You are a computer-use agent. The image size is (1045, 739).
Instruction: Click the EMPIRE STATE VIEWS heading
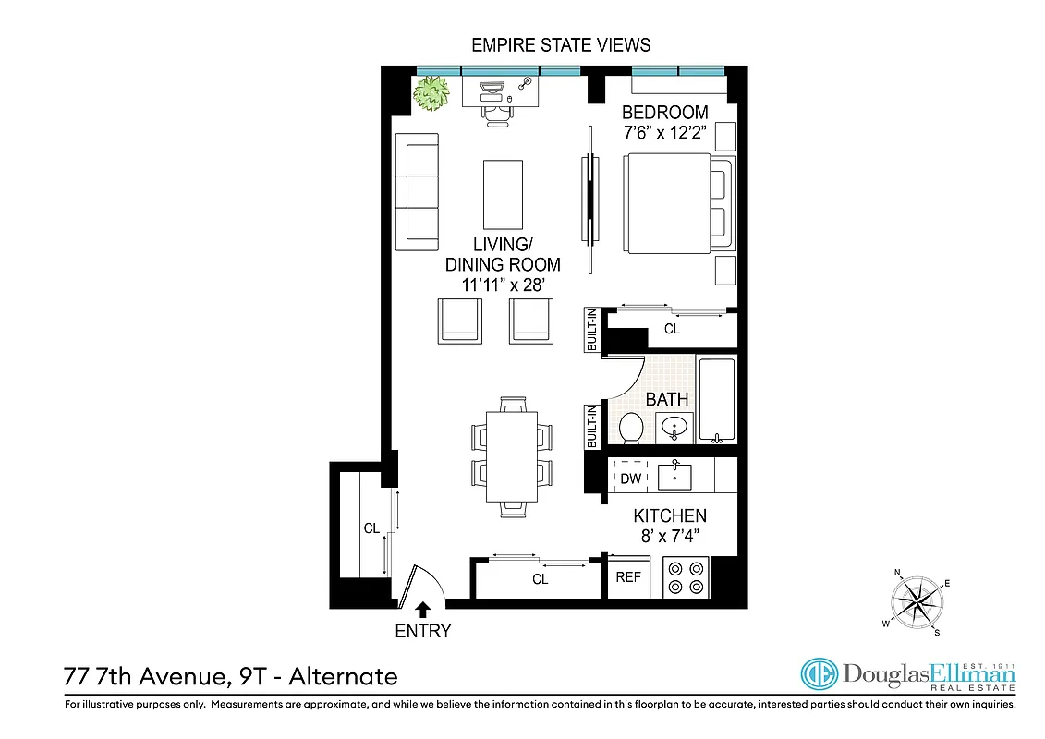pyautogui.click(x=561, y=44)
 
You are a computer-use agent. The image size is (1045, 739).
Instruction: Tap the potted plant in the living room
pyautogui.click(x=431, y=93)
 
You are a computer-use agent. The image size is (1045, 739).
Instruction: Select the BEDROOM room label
pyautogui.click(x=665, y=113)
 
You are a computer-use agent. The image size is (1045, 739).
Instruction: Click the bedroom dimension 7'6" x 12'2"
pyautogui.click(x=665, y=133)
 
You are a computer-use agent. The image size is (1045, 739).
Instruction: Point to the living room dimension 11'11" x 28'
pyautogui.click(x=504, y=285)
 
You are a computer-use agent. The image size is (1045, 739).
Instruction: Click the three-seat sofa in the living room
pyautogui.click(x=416, y=191)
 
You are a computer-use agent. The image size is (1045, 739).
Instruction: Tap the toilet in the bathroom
pyautogui.click(x=631, y=429)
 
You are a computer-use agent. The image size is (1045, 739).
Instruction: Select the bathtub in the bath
pyautogui.click(x=716, y=400)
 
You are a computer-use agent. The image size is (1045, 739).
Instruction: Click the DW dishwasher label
pyautogui.click(x=631, y=479)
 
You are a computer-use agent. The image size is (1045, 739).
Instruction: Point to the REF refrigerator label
pyautogui.click(x=628, y=577)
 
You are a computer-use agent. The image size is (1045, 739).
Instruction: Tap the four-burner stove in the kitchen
pyautogui.click(x=686, y=577)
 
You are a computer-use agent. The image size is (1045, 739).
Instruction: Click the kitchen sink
pyautogui.click(x=674, y=477)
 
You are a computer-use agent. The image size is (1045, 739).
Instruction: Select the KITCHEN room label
pyautogui.click(x=670, y=516)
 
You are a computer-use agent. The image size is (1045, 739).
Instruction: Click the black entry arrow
pyautogui.click(x=423, y=609)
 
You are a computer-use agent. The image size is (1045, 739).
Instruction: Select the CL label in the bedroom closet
pyautogui.click(x=672, y=329)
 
